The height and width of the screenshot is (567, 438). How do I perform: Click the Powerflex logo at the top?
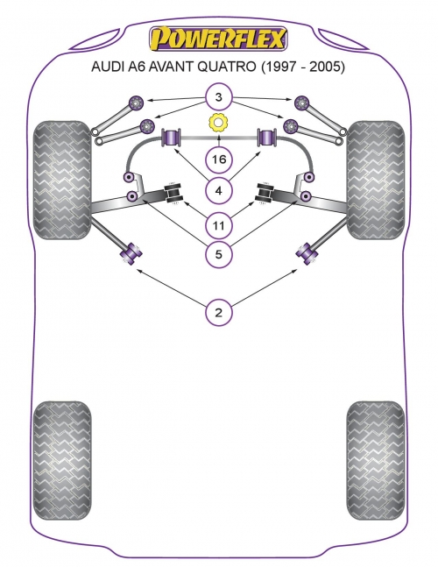(x=218, y=39)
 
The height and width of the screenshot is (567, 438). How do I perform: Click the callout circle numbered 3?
(x=218, y=97)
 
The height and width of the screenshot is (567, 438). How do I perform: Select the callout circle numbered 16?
(x=218, y=159)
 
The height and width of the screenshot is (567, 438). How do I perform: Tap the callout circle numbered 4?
(x=218, y=190)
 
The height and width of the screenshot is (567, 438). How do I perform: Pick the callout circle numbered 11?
(x=218, y=225)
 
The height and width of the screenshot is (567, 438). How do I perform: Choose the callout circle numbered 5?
(x=218, y=254)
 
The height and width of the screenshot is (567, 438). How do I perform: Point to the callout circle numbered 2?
(x=218, y=312)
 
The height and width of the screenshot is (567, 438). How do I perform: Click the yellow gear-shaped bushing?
(x=218, y=123)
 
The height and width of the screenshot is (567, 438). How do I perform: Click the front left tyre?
(x=62, y=180)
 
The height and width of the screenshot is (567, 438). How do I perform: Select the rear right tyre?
(x=376, y=460)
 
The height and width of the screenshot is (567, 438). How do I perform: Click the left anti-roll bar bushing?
(x=171, y=138)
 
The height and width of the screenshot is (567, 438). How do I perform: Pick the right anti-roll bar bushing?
(x=267, y=138)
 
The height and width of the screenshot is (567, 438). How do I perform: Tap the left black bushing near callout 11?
(x=173, y=194)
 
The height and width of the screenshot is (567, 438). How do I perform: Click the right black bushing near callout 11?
(x=265, y=194)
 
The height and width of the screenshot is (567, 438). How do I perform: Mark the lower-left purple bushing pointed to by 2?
(x=131, y=253)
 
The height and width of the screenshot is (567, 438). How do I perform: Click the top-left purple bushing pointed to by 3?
(x=137, y=103)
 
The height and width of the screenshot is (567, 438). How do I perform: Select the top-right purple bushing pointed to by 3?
(x=301, y=103)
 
